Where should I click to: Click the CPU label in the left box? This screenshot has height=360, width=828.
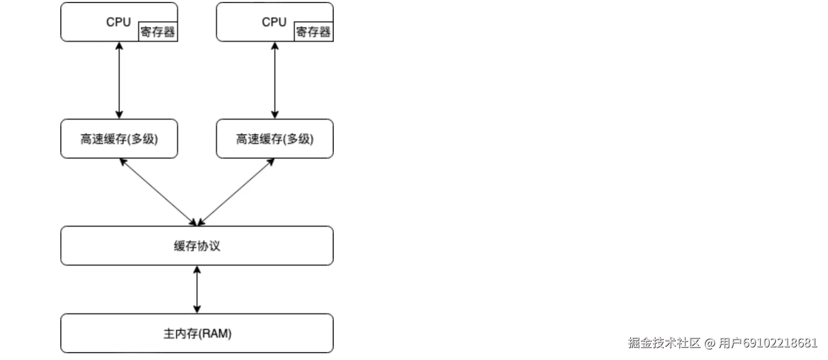118,22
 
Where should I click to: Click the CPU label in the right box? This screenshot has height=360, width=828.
274,22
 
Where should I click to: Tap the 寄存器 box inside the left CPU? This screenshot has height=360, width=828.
158,32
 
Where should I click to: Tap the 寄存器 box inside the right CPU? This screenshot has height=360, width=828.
313,32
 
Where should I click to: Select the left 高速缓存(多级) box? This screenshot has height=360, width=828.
119,139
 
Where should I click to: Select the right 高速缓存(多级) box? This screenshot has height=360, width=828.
275,139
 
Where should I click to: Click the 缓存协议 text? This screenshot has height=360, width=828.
197,246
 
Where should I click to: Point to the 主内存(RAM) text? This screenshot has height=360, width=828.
197,333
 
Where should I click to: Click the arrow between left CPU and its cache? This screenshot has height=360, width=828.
119,80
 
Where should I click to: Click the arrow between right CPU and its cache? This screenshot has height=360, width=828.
275,80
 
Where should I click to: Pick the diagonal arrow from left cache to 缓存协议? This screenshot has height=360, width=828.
158,192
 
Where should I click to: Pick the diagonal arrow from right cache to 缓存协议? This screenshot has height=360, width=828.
236,192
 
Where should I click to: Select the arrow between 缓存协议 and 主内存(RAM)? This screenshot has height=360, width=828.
197,289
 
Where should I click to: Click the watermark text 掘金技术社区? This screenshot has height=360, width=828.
664,343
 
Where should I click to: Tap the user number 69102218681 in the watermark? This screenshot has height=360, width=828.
780,343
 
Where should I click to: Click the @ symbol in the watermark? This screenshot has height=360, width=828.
710,343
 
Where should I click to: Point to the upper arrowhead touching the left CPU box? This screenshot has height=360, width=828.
119,46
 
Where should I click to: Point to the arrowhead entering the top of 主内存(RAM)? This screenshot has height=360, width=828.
197,309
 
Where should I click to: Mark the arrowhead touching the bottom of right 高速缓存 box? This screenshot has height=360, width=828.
271,162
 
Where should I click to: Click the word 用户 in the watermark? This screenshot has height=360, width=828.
730,343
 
